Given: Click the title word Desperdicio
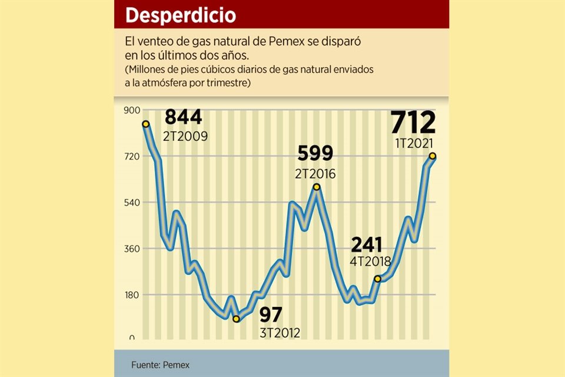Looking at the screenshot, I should [x=180, y=15].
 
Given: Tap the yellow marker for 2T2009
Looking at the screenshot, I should [x=145, y=124].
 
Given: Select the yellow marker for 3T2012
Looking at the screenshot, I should [x=237, y=319].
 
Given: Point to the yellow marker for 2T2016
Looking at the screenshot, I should [x=317, y=187].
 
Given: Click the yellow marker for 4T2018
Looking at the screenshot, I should [x=377, y=279].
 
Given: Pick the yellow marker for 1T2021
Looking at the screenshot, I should [x=433, y=156].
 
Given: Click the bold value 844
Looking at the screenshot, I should [x=183, y=117].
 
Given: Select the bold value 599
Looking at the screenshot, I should [x=315, y=153].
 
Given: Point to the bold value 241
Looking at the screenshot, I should [x=366, y=244].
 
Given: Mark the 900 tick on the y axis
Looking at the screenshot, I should [x=131, y=110].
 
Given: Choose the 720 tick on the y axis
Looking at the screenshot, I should [x=131, y=156].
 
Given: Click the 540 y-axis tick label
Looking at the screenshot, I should [x=131, y=203].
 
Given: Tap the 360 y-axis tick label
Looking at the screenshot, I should [x=131, y=249].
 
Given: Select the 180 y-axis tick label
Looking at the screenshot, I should [x=131, y=295].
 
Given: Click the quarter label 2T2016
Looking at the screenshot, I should [x=315, y=174].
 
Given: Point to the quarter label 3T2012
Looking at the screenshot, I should [x=280, y=333].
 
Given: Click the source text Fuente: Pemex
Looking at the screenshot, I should [x=161, y=365].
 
